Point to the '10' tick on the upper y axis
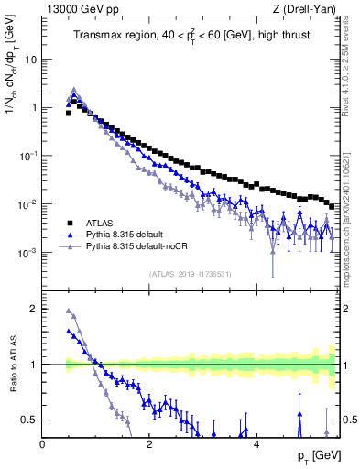coord(31,60)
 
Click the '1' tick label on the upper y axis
coord(34,107)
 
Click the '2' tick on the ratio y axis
coord(34,309)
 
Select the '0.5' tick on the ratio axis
coord(29,420)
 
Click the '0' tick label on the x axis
coord(42,444)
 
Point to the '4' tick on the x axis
coord(257,444)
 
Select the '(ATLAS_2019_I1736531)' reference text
coord(190,274)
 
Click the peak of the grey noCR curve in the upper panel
coord(74,90)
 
